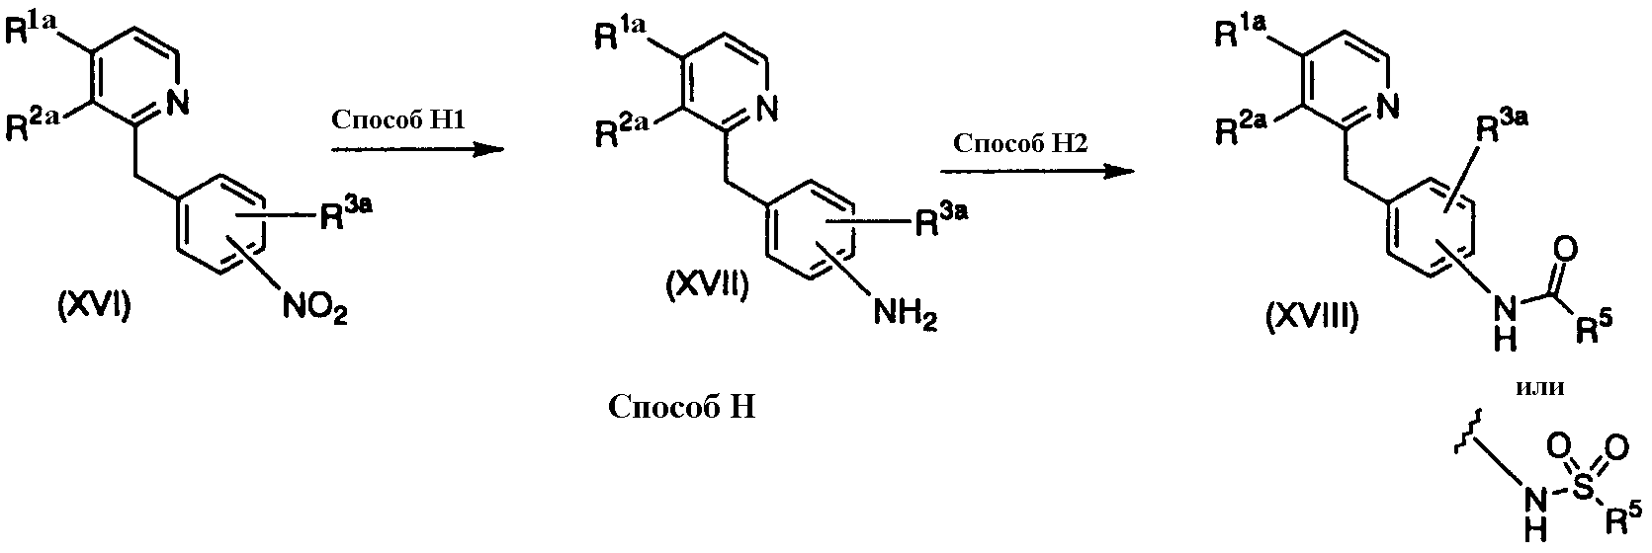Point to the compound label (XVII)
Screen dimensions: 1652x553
pyautogui.click(x=707, y=285)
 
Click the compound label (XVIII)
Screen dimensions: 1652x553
pyautogui.click(x=1312, y=318)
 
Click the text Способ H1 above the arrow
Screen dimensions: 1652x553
pyautogui.click(x=398, y=119)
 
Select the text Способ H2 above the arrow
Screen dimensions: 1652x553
pyautogui.click(x=1020, y=142)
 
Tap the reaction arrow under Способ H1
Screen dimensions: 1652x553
pyautogui.click(x=417, y=150)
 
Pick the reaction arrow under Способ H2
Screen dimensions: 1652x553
pyautogui.click(x=1037, y=172)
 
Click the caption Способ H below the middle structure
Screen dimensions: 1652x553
pyautogui.click(x=682, y=407)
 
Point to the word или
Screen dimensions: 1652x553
pyautogui.click(x=1540, y=387)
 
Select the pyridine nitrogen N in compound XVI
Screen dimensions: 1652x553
pyautogui.click(x=178, y=102)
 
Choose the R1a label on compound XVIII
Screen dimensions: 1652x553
pyautogui.click(x=1241, y=34)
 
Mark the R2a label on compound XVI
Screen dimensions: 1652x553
pyautogui.click(x=34, y=126)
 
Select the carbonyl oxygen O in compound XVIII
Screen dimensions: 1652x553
pyautogui.click(x=1566, y=250)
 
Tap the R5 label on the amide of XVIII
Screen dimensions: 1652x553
pyautogui.click(x=1594, y=329)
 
